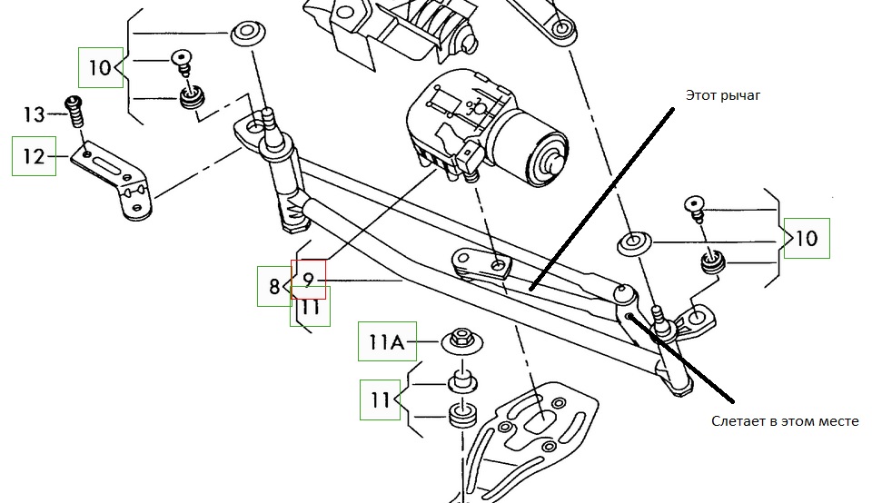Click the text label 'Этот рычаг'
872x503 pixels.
tap(721, 94)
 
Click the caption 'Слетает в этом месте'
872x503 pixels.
tap(785, 421)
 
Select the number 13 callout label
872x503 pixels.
tap(34, 114)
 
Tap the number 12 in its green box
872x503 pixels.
tap(34, 156)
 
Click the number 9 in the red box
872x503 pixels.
tap(308, 280)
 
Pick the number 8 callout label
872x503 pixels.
tap(273, 288)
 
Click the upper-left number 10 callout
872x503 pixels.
tap(100, 67)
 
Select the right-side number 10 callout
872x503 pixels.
tap(807, 239)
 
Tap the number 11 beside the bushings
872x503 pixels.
tap(381, 399)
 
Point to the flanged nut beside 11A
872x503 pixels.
tap(461, 341)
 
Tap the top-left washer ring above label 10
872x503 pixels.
tap(245, 35)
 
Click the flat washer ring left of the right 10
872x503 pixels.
tap(634, 243)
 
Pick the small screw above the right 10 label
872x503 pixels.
tap(695, 208)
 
